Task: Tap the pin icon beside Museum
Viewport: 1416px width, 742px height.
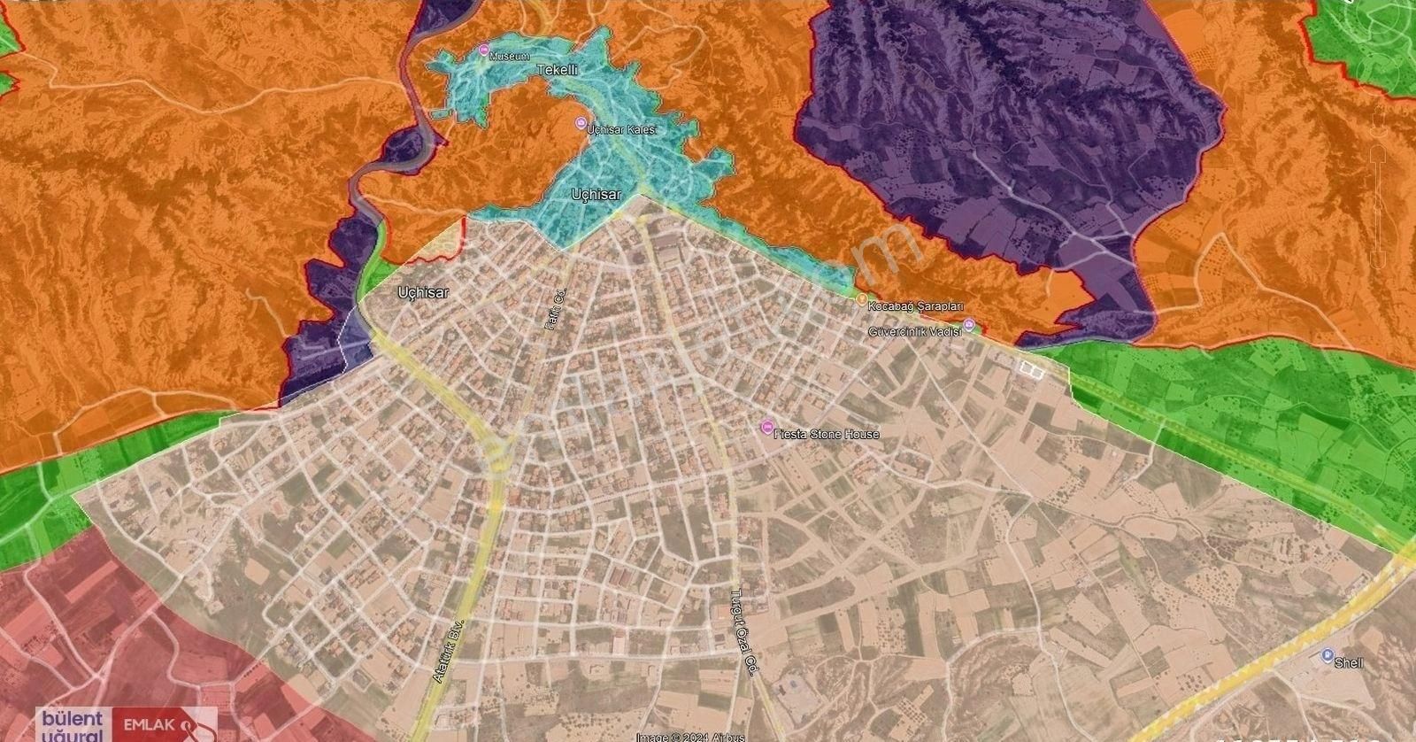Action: tap(483, 50)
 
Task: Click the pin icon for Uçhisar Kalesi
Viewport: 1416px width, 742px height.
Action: tap(581, 124)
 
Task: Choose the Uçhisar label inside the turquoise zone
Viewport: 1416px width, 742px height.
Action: tap(596, 195)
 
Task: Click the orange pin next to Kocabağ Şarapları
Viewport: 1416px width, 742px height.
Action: tap(859, 300)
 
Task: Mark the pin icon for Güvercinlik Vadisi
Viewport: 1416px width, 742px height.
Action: tap(969, 324)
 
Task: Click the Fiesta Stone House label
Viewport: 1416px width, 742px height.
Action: tap(827, 434)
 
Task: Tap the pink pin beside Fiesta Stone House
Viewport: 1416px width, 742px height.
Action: tap(766, 429)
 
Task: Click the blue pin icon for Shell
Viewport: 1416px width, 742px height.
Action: tap(1327, 654)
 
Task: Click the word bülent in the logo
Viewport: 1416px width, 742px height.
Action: tap(69, 719)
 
